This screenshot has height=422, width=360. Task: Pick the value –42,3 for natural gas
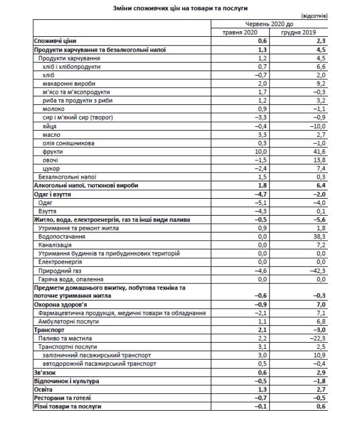tap(317, 271)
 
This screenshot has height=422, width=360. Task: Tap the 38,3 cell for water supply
tap(318, 237)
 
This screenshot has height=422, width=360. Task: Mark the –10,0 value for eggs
tap(317, 126)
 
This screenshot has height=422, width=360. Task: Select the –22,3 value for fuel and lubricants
tap(317, 339)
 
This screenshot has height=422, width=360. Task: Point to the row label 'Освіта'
tap(43, 389)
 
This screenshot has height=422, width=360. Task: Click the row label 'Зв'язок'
tap(44, 372)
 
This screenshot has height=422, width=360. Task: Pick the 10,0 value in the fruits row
tap(261, 152)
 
